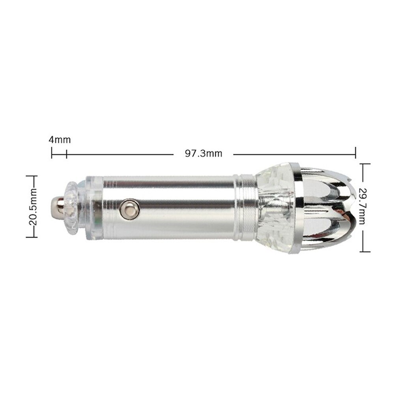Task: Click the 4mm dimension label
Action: [60, 140]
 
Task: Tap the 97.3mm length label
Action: [204, 153]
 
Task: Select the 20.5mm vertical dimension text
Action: [33, 207]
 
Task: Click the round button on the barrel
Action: [129, 209]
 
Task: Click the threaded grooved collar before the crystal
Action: [245, 208]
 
